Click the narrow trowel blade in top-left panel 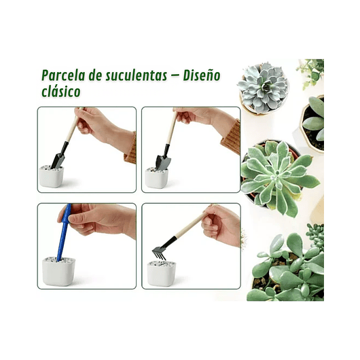pyautogui.click(x=58, y=160)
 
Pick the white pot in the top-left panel pyautogui.click(x=52, y=177)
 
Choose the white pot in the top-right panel pyautogui.click(x=157, y=179)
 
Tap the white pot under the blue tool pyautogui.click(x=58, y=271)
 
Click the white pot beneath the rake pyautogui.click(x=162, y=272)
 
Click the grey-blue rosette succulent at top pyautogui.click(x=263, y=87)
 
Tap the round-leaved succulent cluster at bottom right pyautogui.click(x=285, y=268)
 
